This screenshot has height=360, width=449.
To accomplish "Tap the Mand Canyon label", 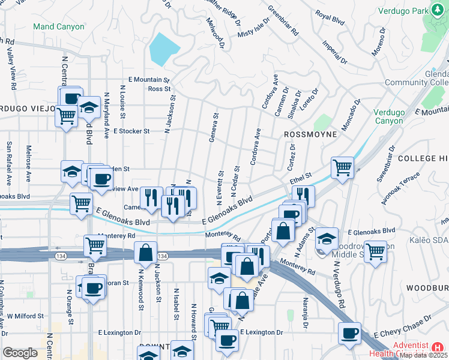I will pos(59,26).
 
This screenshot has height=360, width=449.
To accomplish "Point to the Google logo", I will pos(20,353).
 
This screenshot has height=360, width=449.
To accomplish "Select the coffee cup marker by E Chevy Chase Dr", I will pos(349,333).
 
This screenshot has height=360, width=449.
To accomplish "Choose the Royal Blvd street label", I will pos(330,19).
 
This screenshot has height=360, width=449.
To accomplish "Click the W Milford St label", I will pos(25,316).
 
